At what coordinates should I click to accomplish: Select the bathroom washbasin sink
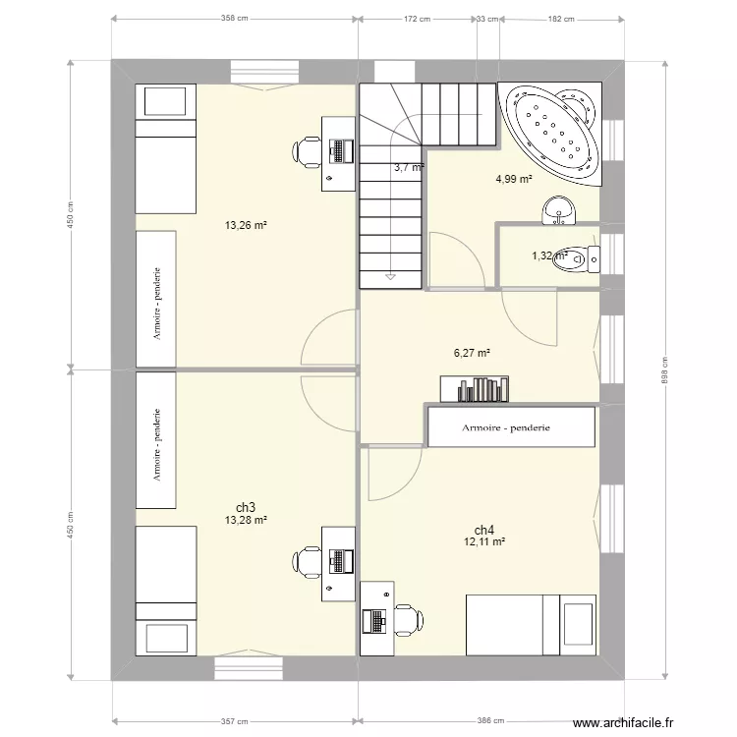click(x=560, y=208)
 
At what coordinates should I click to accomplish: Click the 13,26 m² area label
click(x=246, y=225)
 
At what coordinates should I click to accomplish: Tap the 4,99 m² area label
click(x=513, y=179)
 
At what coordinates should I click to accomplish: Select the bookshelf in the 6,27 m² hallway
click(x=474, y=389)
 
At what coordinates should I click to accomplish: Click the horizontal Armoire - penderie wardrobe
click(x=511, y=427)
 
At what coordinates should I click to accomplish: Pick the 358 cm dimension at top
click(x=234, y=18)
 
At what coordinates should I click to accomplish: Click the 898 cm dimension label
click(x=664, y=369)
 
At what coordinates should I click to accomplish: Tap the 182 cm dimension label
click(x=560, y=18)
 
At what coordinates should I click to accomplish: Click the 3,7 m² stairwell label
click(x=408, y=168)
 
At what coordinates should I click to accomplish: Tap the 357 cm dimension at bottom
click(x=234, y=720)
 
